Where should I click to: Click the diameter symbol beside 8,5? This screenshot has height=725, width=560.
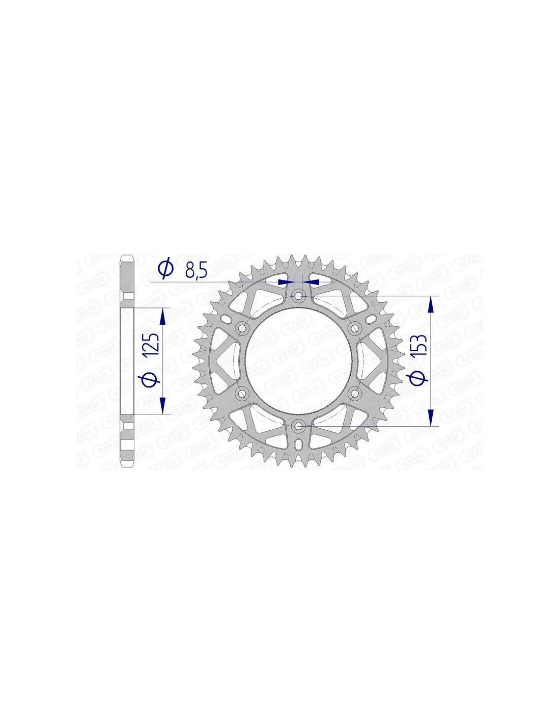(165, 268)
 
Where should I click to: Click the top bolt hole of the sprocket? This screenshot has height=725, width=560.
(298, 295)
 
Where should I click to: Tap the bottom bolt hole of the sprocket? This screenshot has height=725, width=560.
(298, 426)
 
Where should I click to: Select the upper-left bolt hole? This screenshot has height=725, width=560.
(241, 328)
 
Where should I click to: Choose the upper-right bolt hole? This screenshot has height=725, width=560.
(354, 328)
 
